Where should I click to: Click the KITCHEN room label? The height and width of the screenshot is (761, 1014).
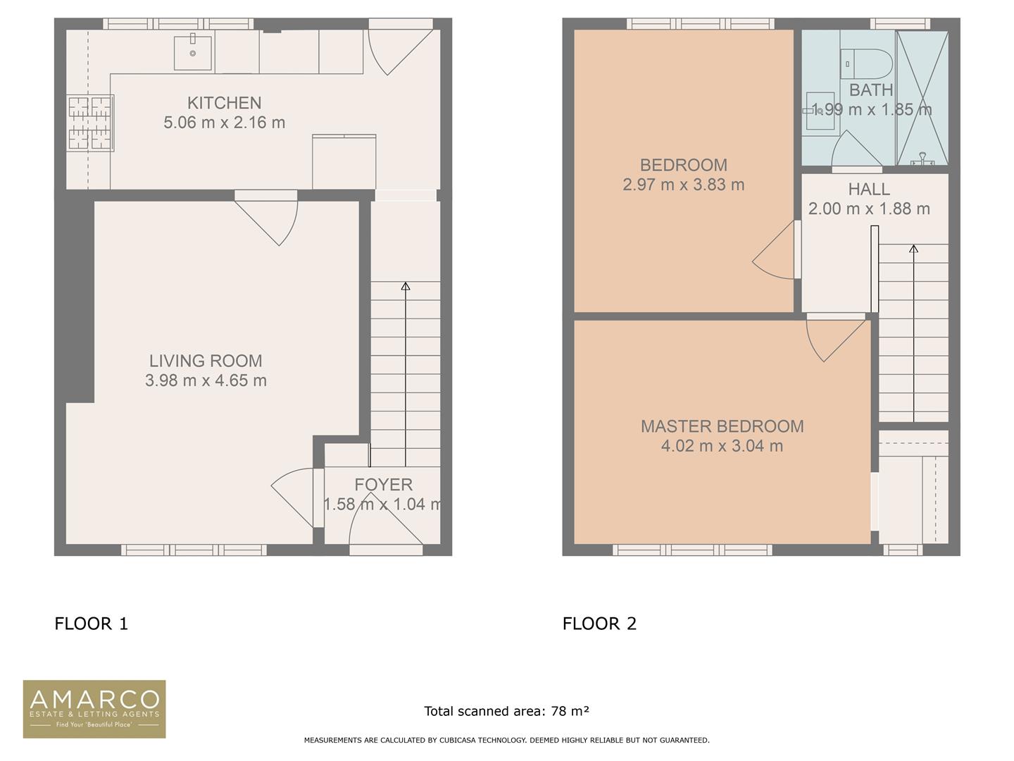pos(224,103)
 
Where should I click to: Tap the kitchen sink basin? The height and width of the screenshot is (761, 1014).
pos(193,53)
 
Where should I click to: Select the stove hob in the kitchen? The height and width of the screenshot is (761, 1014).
pos(90,123)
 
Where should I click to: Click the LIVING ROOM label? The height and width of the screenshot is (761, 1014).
pos(206,360)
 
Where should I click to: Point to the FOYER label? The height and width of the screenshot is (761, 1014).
pos(384,484)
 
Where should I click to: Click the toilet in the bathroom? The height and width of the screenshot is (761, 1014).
pos(866,63)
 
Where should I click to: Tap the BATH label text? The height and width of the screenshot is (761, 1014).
pos(871,89)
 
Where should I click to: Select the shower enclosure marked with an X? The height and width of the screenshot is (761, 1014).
pos(922,98)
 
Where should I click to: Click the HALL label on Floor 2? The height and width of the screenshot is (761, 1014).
pos(869,189)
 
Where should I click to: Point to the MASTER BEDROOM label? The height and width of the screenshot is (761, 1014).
pos(722,426)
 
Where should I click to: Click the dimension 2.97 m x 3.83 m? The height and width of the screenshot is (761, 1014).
pos(683,185)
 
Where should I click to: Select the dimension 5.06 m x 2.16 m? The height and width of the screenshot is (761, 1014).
pos(224,123)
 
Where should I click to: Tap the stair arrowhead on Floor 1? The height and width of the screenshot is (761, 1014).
pos(406,286)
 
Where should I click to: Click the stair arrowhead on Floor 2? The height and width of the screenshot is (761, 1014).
pos(914,249)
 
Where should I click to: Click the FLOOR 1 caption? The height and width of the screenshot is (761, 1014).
pos(91,624)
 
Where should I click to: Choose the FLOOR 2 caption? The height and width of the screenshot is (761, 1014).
pos(599,624)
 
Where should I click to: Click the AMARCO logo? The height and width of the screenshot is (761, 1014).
pos(94,709)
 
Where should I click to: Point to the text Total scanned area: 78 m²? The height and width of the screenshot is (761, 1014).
pos(506,711)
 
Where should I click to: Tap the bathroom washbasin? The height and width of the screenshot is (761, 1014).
pos(820,111)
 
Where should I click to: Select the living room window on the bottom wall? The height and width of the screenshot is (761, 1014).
pos(194,550)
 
